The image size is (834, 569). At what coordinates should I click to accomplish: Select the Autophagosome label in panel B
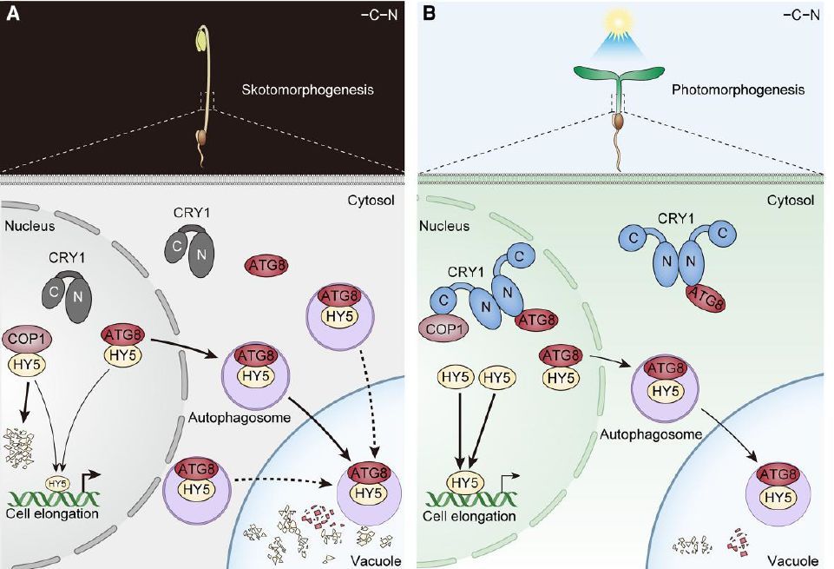[x=639, y=432]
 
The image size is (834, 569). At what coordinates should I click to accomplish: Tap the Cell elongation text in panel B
[x=469, y=515]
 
